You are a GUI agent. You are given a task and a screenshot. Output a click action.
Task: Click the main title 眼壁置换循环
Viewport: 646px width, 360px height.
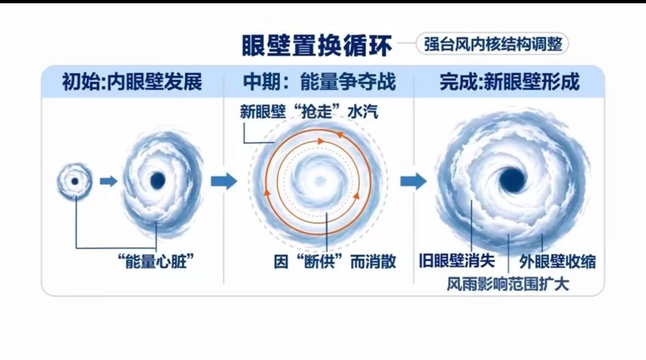click(x=316, y=45)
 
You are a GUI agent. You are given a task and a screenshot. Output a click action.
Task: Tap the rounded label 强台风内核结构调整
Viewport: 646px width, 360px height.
click(x=493, y=44)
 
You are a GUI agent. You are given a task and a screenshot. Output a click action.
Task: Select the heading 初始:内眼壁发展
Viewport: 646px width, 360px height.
click(x=132, y=82)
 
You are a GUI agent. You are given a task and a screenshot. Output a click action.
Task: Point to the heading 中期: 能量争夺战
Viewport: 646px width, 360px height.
click(x=319, y=82)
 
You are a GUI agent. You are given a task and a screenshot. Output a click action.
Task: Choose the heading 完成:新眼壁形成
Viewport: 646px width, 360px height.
click(x=509, y=82)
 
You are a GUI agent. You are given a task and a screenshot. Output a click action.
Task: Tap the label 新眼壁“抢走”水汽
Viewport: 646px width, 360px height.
click(x=309, y=112)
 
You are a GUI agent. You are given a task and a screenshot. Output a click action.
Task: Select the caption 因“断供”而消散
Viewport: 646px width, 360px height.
click(x=335, y=261)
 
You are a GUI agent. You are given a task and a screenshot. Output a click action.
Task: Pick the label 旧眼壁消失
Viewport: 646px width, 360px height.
click(x=457, y=260)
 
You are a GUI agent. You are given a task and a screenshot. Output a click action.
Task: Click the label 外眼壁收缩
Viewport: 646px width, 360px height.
click(x=557, y=261)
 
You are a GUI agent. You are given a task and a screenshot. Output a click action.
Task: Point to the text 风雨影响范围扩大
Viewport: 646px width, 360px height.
click(x=507, y=284)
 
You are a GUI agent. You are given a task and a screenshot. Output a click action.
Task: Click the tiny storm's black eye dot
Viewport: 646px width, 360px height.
click(x=75, y=181)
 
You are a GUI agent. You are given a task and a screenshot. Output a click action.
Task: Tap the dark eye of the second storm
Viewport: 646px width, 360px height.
click(x=157, y=180)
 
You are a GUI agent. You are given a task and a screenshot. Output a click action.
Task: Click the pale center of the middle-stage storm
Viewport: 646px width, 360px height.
click(x=319, y=181)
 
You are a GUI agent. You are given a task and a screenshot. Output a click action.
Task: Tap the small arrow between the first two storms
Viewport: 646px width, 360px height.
click(x=109, y=181)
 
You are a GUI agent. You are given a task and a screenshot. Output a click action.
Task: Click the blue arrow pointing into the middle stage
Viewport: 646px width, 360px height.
click(x=224, y=181)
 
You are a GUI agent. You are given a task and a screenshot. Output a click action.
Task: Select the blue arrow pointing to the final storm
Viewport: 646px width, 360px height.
click(x=414, y=181)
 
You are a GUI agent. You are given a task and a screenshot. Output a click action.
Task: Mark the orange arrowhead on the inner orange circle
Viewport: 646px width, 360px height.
click(x=321, y=141)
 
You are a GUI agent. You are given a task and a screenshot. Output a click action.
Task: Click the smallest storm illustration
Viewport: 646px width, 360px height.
click(x=75, y=181)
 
